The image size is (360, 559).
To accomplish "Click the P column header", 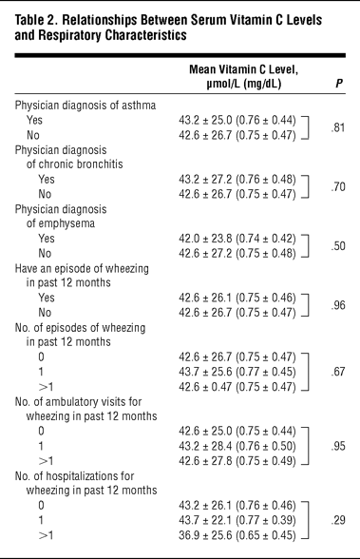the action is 339,84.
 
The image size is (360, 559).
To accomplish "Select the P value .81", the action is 338,127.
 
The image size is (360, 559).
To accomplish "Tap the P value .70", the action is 338,186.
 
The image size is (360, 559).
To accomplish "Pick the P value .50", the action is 338,246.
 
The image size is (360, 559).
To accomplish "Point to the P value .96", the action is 338,305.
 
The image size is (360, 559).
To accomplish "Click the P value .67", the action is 338,372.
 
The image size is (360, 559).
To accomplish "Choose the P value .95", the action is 338,446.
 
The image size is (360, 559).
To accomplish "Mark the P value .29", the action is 338,520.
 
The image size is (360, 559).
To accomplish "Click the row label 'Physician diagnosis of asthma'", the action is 85,106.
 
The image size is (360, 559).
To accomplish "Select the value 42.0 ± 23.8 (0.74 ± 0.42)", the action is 237,239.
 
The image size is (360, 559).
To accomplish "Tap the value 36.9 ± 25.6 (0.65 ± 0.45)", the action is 237,535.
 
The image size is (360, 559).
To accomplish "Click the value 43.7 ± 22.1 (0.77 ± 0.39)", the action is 237,520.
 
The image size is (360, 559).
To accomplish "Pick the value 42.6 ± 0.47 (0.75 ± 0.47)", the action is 237,387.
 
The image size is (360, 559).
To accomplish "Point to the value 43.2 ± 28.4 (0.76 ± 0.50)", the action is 237,446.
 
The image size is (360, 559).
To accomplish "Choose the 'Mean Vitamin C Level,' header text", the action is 243,69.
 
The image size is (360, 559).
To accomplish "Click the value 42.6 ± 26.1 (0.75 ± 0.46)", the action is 237,298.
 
